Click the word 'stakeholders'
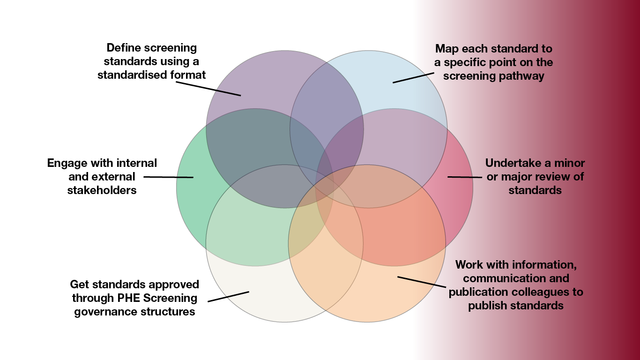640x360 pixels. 102,190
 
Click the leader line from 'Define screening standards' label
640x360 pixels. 208,89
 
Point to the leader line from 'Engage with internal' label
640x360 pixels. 168,177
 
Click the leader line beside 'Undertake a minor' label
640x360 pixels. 464,177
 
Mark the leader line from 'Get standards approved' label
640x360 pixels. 228,296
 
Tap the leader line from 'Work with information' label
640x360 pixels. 421,282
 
